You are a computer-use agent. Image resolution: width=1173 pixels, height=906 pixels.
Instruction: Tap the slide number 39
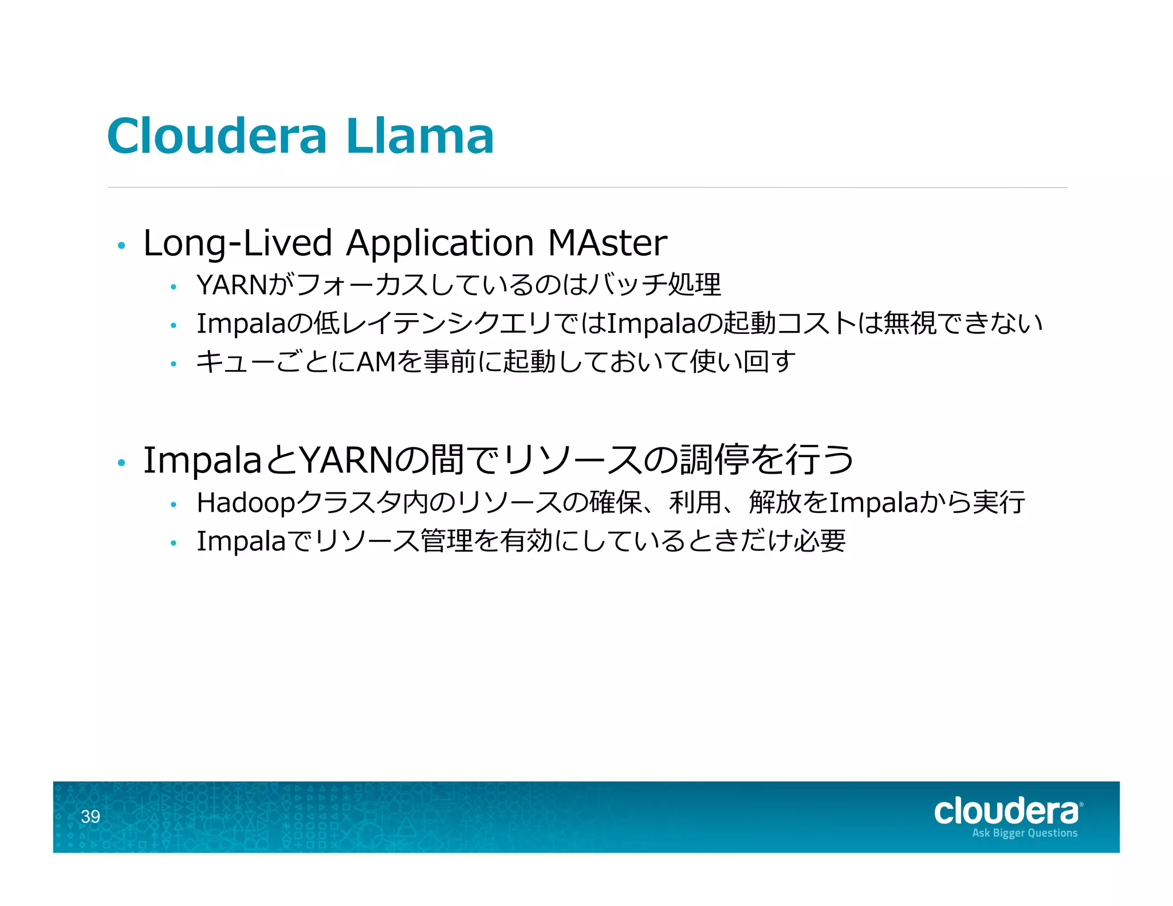coord(90,816)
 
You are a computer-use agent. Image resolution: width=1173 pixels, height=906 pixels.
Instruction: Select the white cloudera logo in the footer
coord(1006,812)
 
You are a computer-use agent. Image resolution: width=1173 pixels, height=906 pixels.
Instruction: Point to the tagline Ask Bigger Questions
coord(1024,833)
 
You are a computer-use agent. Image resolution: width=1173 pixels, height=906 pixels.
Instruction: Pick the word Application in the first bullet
coord(440,243)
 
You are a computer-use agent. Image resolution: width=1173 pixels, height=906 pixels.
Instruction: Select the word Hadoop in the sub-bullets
coord(246,503)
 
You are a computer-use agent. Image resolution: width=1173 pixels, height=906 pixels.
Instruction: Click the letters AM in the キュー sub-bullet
coord(376,362)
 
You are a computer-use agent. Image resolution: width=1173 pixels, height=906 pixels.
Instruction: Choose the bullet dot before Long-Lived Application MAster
coord(121,246)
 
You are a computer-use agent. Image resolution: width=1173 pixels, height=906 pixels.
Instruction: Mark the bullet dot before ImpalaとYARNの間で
coord(121,463)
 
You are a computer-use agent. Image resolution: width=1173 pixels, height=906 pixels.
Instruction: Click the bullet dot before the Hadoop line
coord(173,505)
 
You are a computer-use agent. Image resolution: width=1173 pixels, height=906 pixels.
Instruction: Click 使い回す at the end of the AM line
coord(743,362)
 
